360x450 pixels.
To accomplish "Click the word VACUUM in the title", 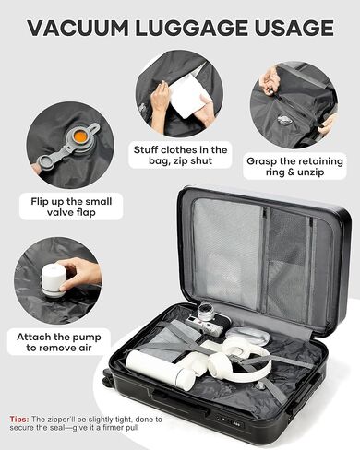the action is pyautogui.click(x=78, y=28).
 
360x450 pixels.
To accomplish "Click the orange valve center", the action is pyautogui.click(x=80, y=136).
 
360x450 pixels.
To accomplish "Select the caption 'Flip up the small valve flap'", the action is pyautogui.click(x=71, y=207).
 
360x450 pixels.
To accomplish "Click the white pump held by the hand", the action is pyautogui.click(x=54, y=280).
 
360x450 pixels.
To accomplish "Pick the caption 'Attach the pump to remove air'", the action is pyautogui.click(x=59, y=342).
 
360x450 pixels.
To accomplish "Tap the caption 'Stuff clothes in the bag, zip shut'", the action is pyautogui.click(x=180, y=155).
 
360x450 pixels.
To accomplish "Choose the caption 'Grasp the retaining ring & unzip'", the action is pyautogui.click(x=294, y=166).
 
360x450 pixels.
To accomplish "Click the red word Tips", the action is pyautogui.click(x=19, y=420).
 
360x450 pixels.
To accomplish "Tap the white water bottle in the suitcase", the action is pyautogui.click(x=161, y=370).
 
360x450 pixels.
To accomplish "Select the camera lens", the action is pyautogui.click(x=206, y=313).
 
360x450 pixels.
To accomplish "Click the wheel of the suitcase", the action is pyautogui.click(x=106, y=378).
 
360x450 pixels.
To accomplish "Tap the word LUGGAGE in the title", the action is pyautogui.click(x=191, y=28).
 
